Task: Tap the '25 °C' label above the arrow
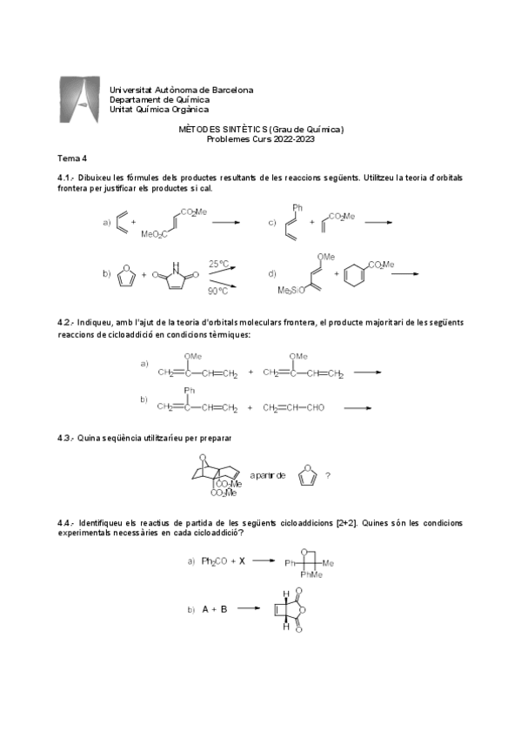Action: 218,263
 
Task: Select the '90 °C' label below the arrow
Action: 218,291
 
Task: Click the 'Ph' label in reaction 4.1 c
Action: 297,208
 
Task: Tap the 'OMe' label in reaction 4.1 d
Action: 328,255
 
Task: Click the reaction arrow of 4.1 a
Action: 224,223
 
